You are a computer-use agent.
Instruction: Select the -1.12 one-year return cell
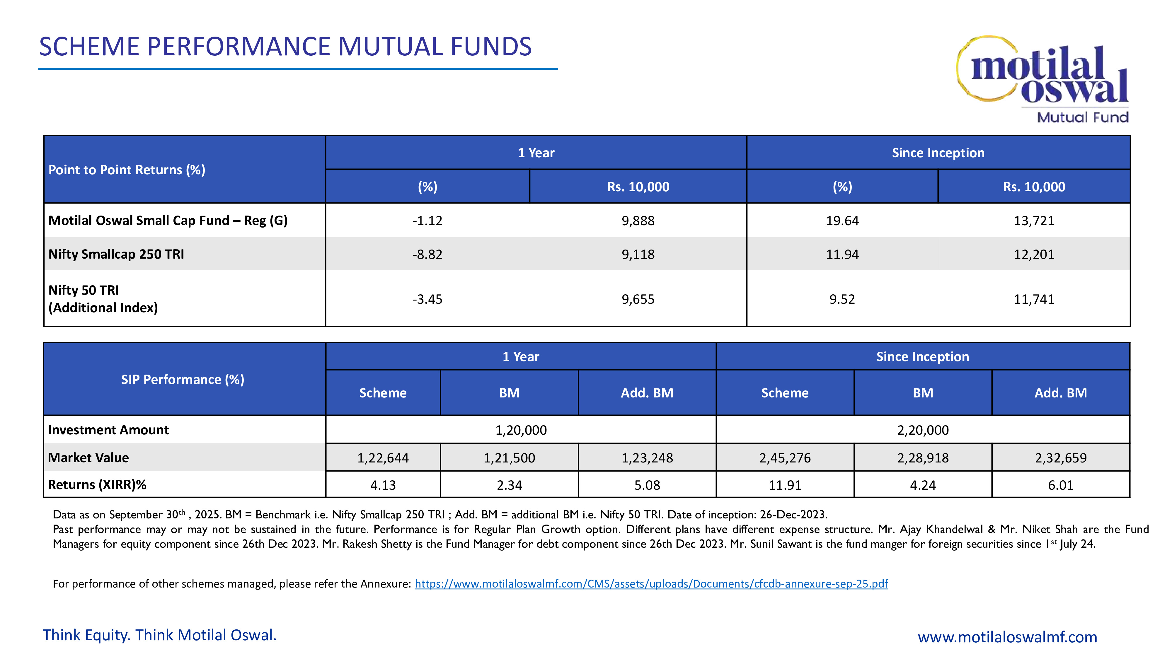pyautogui.click(x=427, y=221)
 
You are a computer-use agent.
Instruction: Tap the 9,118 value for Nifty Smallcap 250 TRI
pyautogui.click(x=638, y=254)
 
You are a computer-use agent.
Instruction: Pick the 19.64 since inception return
pyautogui.click(x=842, y=221)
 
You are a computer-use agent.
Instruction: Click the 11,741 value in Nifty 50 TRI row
pyautogui.click(x=1034, y=299)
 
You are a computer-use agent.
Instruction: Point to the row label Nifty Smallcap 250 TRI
pyautogui.click(x=117, y=254)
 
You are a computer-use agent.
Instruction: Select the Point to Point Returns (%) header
pyautogui.click(x=127, y=170)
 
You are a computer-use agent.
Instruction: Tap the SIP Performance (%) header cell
pyautogui.click(x=183, y=379)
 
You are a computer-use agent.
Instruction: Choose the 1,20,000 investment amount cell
pyautogui.click(x=521, y=430)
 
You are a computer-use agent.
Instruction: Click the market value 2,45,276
pyautogui.click(x=785, y=457)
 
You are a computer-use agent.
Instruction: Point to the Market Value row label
pyautogui.click(x=88, y=457)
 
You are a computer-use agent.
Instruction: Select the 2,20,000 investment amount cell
pyautogui.click(x=923, y=430)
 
